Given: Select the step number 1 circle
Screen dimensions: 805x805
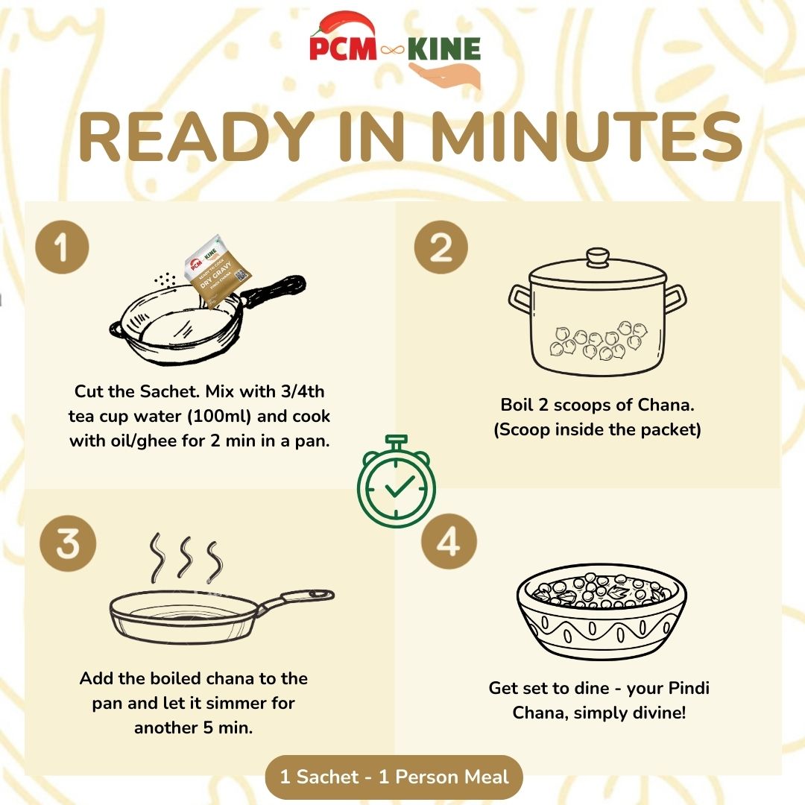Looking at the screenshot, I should tap(62, 248).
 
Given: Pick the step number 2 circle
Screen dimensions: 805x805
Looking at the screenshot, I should tap(441, 248).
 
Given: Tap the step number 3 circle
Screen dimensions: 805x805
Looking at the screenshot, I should tap(68, 545).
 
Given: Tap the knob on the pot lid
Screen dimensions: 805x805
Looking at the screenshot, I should tap(597, 258).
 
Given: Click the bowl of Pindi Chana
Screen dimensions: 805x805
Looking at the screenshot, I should tap(602, 616).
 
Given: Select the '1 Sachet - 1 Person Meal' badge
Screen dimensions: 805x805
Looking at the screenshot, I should tap(394, 777).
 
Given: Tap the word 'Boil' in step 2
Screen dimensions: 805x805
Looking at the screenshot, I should tap(518, 405).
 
